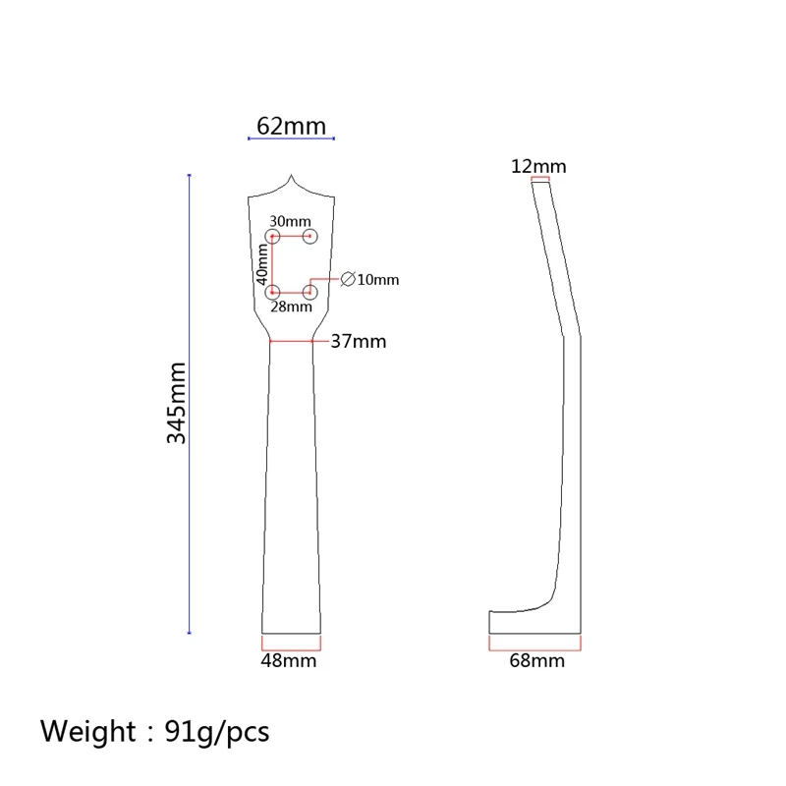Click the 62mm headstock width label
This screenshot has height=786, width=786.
click(291, 126)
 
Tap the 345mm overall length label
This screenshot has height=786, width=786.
click(176, 403)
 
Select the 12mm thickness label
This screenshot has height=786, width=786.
click(538, 166)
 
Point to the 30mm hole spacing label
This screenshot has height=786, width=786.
click(290, 221)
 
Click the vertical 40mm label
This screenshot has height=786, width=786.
click(262, 264)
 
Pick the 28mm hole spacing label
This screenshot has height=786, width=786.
click(291, 307)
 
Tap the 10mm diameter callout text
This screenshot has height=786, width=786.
click(378, 280)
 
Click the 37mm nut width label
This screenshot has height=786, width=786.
click(359, 341)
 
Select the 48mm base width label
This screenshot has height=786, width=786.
click(289, 660)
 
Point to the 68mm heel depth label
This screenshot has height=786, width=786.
click(536, 660)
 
